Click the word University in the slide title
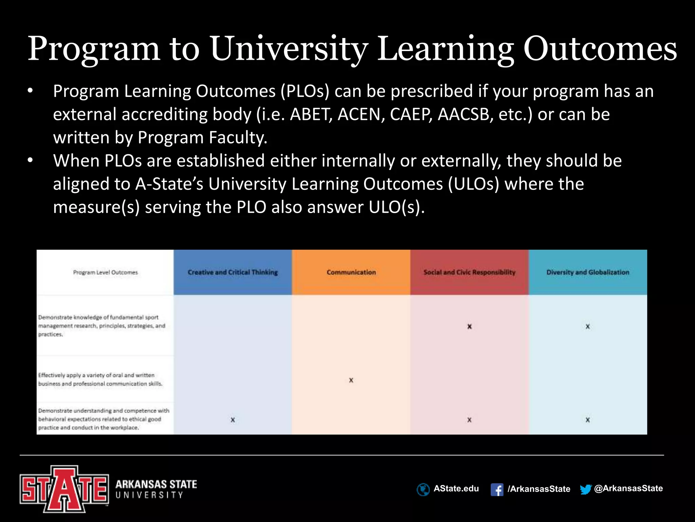[288, 49]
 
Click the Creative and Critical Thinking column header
[233, 272]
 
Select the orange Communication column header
[351, 272]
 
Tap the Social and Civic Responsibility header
[469, 272]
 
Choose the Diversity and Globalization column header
[588, 272]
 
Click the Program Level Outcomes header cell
[105, 272]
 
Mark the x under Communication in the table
[351, 380]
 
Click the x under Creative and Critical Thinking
[233, 420]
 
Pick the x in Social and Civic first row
[469, 327]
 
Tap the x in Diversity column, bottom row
[588, 420]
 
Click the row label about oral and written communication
[100, 379]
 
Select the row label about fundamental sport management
[101, 326]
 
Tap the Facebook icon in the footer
[497, 490]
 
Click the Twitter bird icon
[585, 489]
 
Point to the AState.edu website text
[456, 489]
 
